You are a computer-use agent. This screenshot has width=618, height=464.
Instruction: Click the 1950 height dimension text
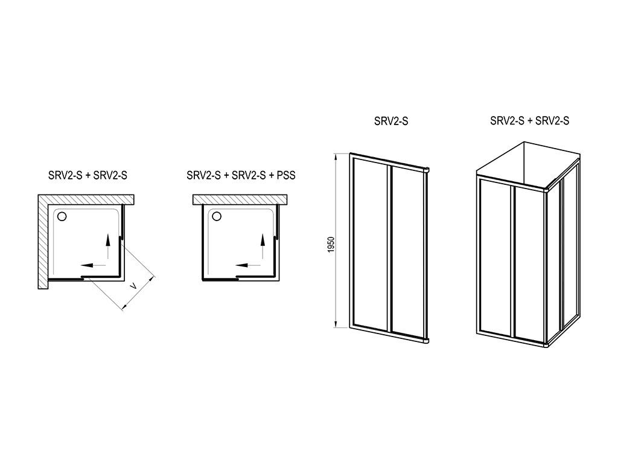pyautogui.click(x=331, y=245)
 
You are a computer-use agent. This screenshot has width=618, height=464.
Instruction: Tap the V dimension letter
pyautogui.click(x=134, y=285)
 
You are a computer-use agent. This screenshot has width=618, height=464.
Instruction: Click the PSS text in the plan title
pyautogui.click(x=286, y=175)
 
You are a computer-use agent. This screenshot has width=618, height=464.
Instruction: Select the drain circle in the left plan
pyautogui.click(x=62, y=216)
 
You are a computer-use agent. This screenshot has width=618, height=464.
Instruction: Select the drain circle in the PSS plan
pyautogui.click(x=217, y=216)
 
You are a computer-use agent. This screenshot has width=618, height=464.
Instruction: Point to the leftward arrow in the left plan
pyautogui.click(x=94, y=265)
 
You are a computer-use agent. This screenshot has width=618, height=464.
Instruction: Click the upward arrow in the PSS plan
pyautogui.click(x=263, y=246)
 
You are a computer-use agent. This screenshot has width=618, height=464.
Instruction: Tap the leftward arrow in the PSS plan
pyautogui.click(x=248, y=265)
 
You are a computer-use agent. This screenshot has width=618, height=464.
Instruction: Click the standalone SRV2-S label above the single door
pyautogui.click(x=391, y=121)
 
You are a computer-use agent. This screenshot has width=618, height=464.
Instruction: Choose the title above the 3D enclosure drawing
pyautogui.click(x=530, y=120)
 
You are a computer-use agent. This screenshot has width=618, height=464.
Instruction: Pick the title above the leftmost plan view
pyautogui.click(x=88, y=175)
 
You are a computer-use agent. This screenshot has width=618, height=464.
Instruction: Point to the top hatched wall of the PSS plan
pyautogui.click(x=240, y=199)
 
